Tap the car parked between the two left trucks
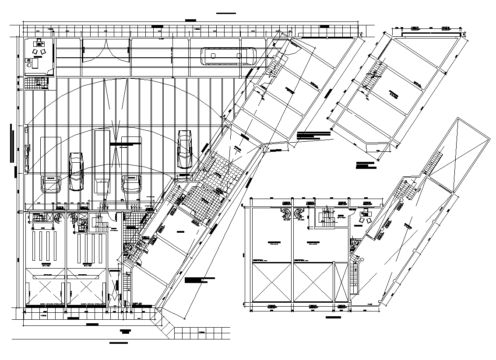point(76,171)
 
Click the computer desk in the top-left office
point(40,43)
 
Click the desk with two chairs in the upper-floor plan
point(363,216)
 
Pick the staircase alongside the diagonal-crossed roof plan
point(433,162)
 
